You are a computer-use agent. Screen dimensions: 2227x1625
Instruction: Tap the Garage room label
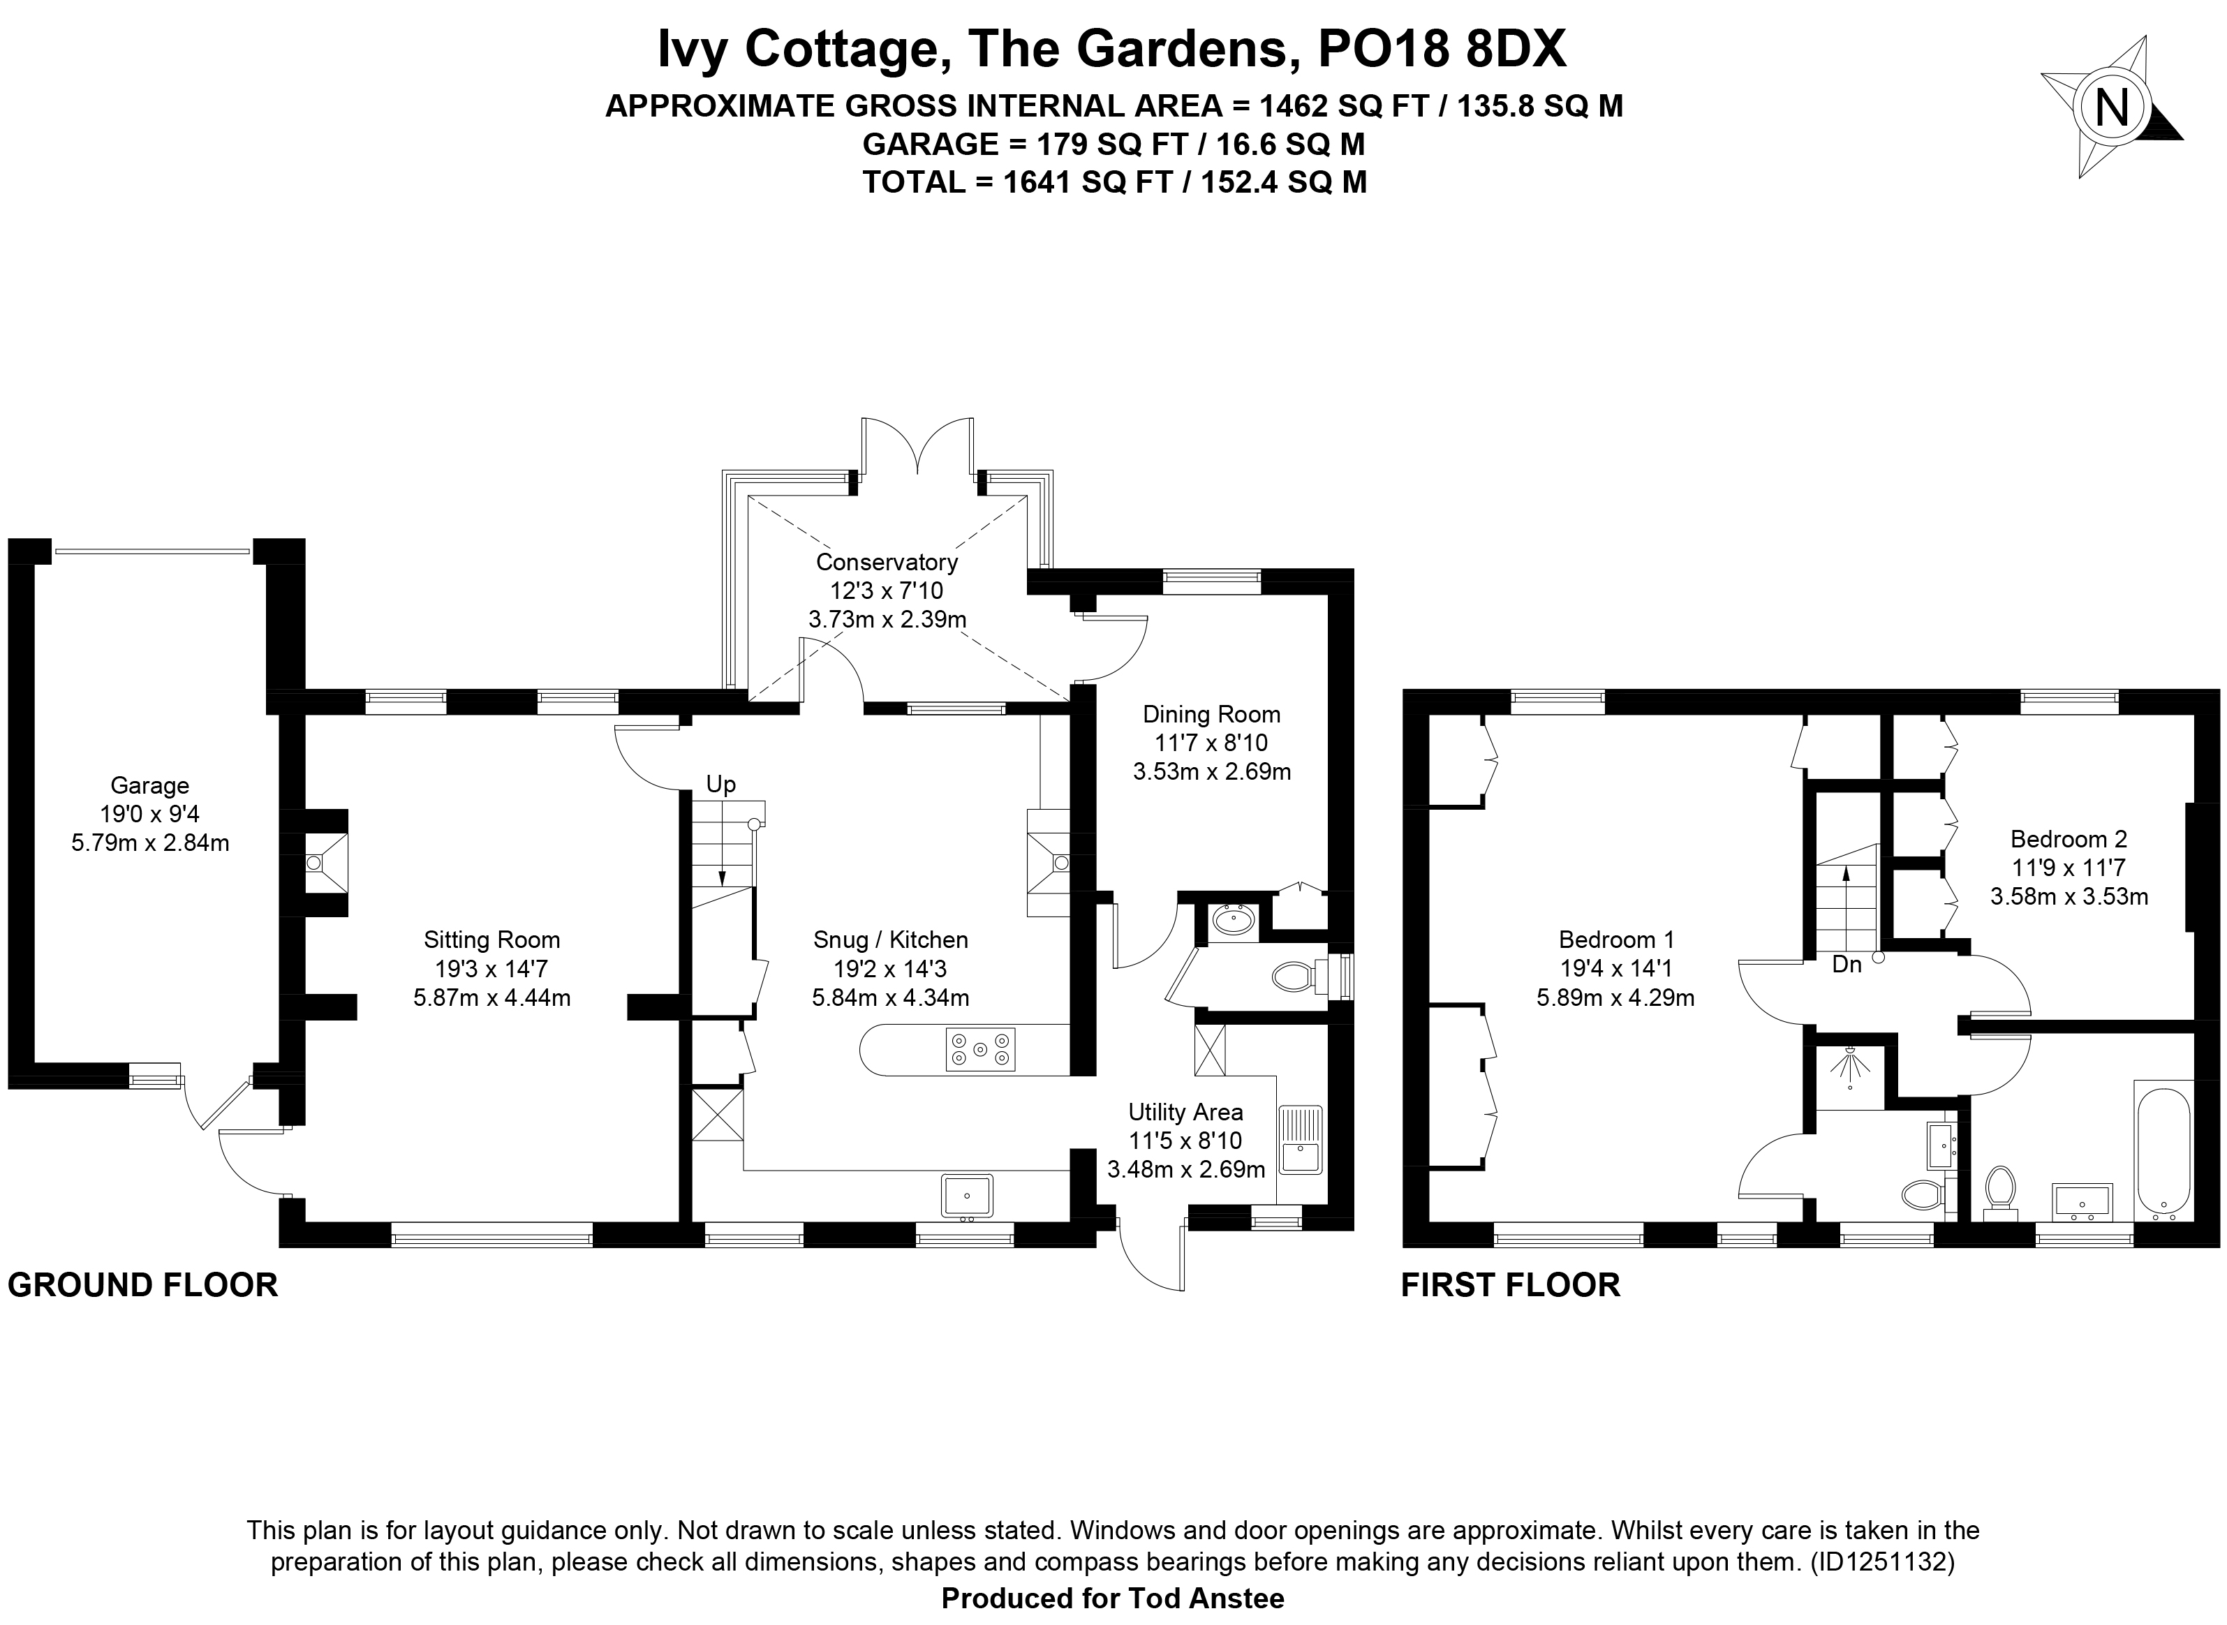point(149,786)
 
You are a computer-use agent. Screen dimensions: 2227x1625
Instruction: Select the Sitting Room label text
point(492,940)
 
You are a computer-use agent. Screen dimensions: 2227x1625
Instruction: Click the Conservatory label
point(887,563)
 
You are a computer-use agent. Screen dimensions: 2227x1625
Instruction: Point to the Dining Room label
point(1212,715)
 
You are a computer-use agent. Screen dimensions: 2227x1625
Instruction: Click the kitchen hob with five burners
point(979,1048)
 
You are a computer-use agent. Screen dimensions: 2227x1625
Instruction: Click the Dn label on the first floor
point(1847,965)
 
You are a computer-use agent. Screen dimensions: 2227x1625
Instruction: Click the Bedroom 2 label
point(2069,839)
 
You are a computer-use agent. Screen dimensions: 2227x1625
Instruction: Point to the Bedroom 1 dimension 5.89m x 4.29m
point(1615,998)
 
